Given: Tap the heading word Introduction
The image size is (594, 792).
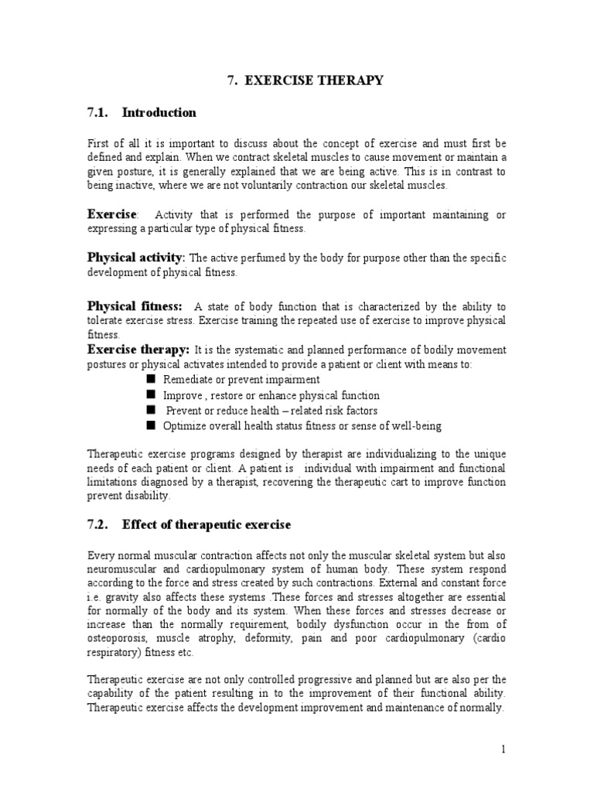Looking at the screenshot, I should tap(159, 113).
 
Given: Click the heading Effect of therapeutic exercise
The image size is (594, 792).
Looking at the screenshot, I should tap(207, 525).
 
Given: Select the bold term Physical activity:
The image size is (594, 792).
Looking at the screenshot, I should tap(135, 257).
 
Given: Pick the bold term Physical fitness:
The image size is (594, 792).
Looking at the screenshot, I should tap(135, 306).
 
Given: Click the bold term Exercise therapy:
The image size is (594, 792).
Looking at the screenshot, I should tap(138, 350).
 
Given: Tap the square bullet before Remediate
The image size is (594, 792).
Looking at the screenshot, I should tap(150, 379).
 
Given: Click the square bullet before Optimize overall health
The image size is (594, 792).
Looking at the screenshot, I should tap(150, 425).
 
